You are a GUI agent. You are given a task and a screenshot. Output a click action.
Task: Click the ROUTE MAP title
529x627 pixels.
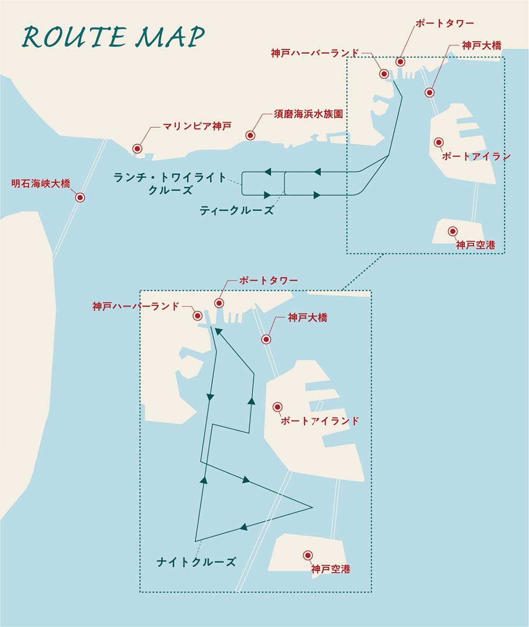113,38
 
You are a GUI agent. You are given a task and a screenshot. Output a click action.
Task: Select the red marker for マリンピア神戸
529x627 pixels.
138,149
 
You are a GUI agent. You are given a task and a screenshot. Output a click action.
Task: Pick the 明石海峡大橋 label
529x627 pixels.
40,184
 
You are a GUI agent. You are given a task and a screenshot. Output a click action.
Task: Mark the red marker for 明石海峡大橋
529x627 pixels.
80,198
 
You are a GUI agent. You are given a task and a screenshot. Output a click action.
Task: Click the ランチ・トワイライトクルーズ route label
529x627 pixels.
170,183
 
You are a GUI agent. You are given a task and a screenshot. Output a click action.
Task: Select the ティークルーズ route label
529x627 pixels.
236,210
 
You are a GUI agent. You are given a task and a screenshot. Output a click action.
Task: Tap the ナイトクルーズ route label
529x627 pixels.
196,562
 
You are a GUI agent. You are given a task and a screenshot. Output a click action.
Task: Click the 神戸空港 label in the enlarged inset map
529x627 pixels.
331,569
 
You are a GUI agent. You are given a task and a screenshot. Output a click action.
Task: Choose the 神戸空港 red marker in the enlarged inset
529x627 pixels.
307,555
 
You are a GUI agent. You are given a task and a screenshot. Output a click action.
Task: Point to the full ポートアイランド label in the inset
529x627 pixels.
320,421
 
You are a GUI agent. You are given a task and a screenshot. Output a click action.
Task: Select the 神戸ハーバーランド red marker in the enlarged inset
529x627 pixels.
197,316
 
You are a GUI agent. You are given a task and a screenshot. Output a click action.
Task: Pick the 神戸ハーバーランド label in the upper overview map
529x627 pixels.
315,53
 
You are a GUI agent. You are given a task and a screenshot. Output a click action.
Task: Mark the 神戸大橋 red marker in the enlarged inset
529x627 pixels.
266,339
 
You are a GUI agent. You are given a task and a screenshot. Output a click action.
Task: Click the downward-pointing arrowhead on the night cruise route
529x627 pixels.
211,397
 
